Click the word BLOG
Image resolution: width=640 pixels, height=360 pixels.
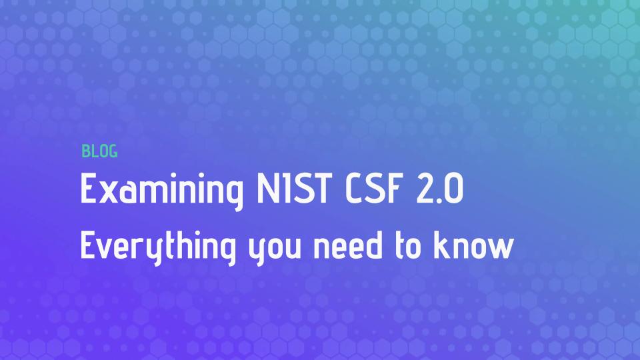click(99, 151)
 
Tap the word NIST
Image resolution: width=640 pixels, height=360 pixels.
click(294, 188)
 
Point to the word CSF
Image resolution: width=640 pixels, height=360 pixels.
click(372, 188)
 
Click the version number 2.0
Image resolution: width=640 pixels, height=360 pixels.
click(439, 188)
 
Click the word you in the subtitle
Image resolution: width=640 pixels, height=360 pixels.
click(275, 251)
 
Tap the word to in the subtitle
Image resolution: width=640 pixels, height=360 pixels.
click(408, 246)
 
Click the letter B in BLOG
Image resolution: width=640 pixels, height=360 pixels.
click(85, 151)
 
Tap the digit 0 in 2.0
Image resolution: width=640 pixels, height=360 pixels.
click(453, 188)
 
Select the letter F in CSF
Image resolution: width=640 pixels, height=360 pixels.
click(391, 188)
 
